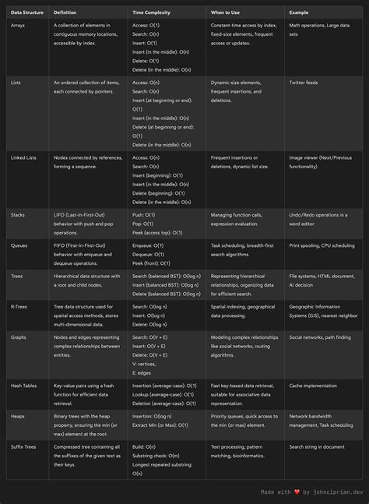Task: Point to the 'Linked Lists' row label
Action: click(24, 157)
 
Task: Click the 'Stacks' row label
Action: click(19, 215)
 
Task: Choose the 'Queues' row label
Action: click(20, 245)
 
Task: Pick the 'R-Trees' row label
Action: click(20, 307)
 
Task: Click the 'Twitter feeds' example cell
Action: click(307, 82)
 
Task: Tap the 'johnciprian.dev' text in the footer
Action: click(337, 492)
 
